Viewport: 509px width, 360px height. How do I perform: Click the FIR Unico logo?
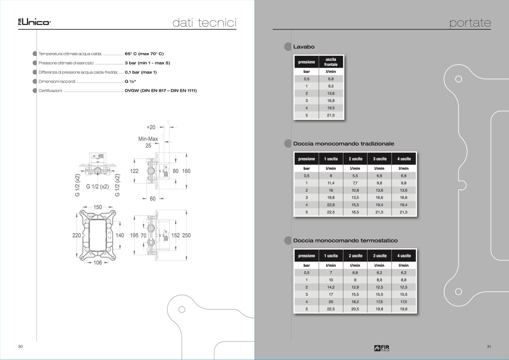(34, 22)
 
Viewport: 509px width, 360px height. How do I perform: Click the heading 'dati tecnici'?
(204, 23)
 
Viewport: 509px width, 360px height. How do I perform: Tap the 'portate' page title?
(470, 23)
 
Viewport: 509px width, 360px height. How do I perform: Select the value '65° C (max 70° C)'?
(144, 54)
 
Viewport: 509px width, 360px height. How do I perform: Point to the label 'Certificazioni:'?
(51, 90)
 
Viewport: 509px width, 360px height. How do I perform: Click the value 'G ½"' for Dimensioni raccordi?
(130, 81)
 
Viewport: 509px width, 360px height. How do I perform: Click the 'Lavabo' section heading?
(304, 47)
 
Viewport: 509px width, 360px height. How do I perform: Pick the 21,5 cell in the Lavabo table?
(331, 115)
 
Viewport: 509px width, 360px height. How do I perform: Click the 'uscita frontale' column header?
(331, 62)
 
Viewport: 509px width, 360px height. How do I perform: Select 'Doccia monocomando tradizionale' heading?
(343, 144)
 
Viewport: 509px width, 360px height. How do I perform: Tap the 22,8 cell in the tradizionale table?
(331, 205)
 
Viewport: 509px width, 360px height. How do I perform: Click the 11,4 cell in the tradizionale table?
(331, 183)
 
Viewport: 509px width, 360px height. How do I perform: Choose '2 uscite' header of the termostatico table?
(355, 256)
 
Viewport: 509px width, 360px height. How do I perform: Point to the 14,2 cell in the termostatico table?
(331, 287)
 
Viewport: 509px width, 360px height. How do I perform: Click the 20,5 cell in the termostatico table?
(355, 309)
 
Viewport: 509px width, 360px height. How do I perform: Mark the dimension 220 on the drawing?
(77, 235)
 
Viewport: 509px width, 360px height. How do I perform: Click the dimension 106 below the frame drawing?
(98, 263)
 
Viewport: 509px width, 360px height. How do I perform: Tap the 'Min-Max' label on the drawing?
(148, 139)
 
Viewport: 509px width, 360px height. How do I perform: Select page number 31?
(489, 346)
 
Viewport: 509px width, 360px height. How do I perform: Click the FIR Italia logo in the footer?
(382, 348)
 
